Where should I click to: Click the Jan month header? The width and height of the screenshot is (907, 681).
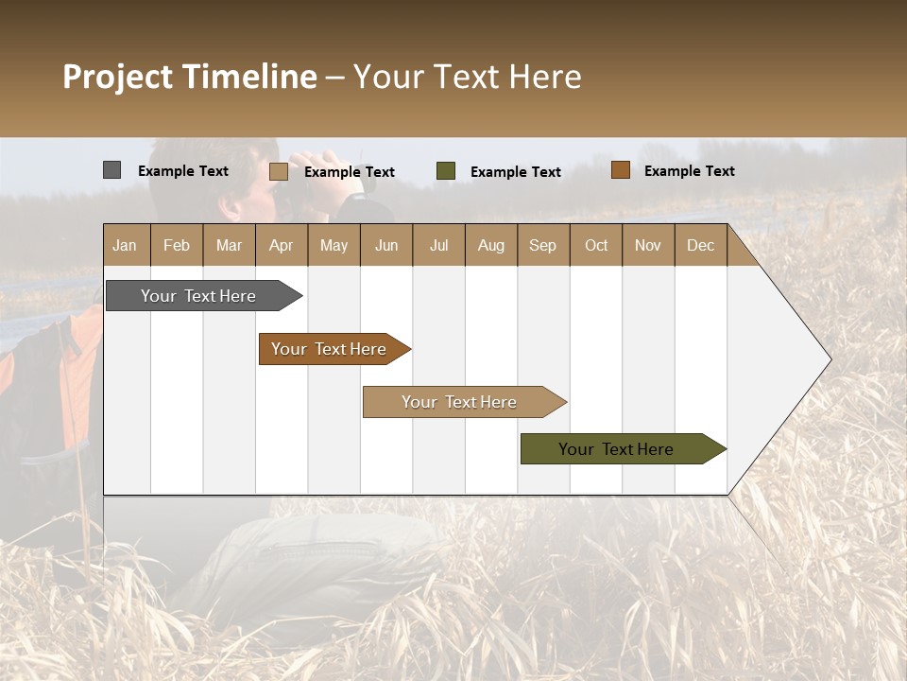[x=125, y=245]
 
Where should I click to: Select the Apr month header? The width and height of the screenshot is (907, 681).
[x=281, y=245]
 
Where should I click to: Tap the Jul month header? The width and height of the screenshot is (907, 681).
[x=438, y=245]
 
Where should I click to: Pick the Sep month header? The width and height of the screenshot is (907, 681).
[x=542, y=245]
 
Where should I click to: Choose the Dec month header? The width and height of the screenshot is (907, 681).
[x=700, y=245]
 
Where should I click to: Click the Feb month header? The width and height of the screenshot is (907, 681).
[x=177, y=245]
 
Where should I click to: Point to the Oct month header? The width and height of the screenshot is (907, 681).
[x=596, y=245]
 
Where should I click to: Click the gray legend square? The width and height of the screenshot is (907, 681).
[x=111, y=170]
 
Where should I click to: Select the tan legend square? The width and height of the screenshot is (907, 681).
[x=278, y=171]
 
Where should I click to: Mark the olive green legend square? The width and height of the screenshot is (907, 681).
[x=446, y=171]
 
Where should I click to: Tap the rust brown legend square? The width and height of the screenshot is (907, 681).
[x=620, y=170]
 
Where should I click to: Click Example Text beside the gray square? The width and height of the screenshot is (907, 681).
[x=183, y=171]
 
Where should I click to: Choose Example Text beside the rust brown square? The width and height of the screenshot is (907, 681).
[x=690, y=171]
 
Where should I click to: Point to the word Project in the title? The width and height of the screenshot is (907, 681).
[x=119, y=77]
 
